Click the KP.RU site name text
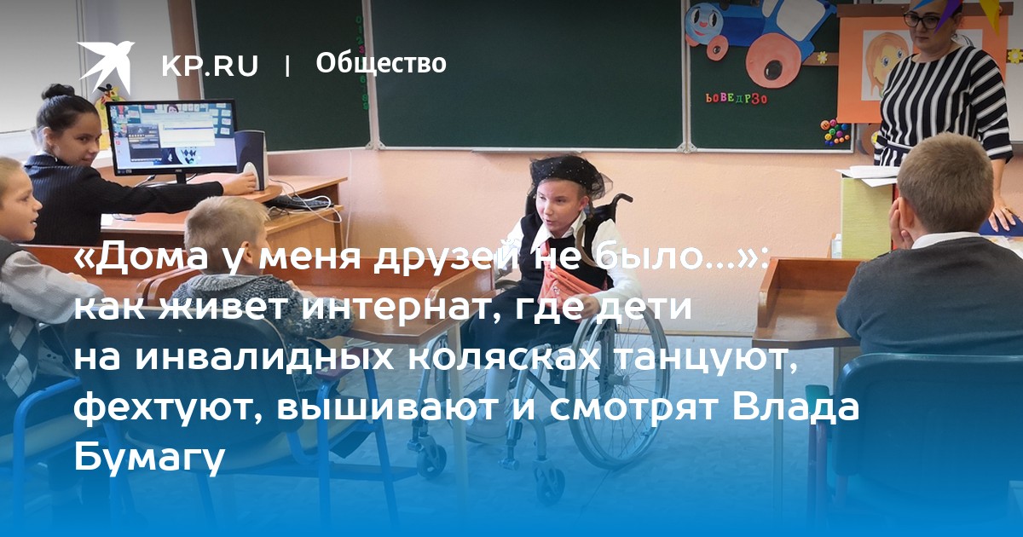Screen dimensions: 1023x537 210,66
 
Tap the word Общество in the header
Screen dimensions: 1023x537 381,63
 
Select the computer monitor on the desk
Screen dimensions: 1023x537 172,137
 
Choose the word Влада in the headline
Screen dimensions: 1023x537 795,407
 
